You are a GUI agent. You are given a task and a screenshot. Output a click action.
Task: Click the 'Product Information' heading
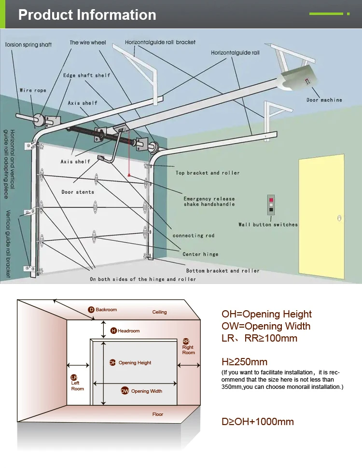[87, 14]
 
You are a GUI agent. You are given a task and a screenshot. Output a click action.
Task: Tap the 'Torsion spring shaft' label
[28, 45]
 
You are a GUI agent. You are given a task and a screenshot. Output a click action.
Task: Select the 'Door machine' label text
[324, 100]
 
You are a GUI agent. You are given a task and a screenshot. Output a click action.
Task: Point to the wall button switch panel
[271, 204]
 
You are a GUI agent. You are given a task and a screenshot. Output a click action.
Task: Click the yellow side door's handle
[339, 218]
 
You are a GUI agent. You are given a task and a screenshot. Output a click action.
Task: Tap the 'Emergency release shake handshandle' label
[209, 201]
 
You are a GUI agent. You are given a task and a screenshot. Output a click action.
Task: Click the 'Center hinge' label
[200, 254]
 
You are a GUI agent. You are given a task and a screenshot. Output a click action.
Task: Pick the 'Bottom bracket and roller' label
[223, 271]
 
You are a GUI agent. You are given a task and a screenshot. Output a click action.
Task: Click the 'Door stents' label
[78, 192]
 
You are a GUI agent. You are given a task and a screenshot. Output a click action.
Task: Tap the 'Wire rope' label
[33, 90]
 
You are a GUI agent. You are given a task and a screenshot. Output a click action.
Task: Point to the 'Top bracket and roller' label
[208, 173]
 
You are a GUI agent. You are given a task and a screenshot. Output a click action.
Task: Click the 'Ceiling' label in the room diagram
[159, 312]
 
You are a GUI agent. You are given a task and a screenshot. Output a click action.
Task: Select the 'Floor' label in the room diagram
[158, 414]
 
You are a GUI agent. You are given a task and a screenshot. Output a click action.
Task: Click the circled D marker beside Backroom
[91, 310]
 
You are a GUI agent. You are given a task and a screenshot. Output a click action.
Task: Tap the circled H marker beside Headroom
[113, 330]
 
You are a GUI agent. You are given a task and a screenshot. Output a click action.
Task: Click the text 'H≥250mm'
[244, 362]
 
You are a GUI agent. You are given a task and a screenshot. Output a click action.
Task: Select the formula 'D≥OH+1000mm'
[257, 422]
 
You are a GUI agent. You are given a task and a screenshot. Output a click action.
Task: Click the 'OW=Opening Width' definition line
[265, 326]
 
